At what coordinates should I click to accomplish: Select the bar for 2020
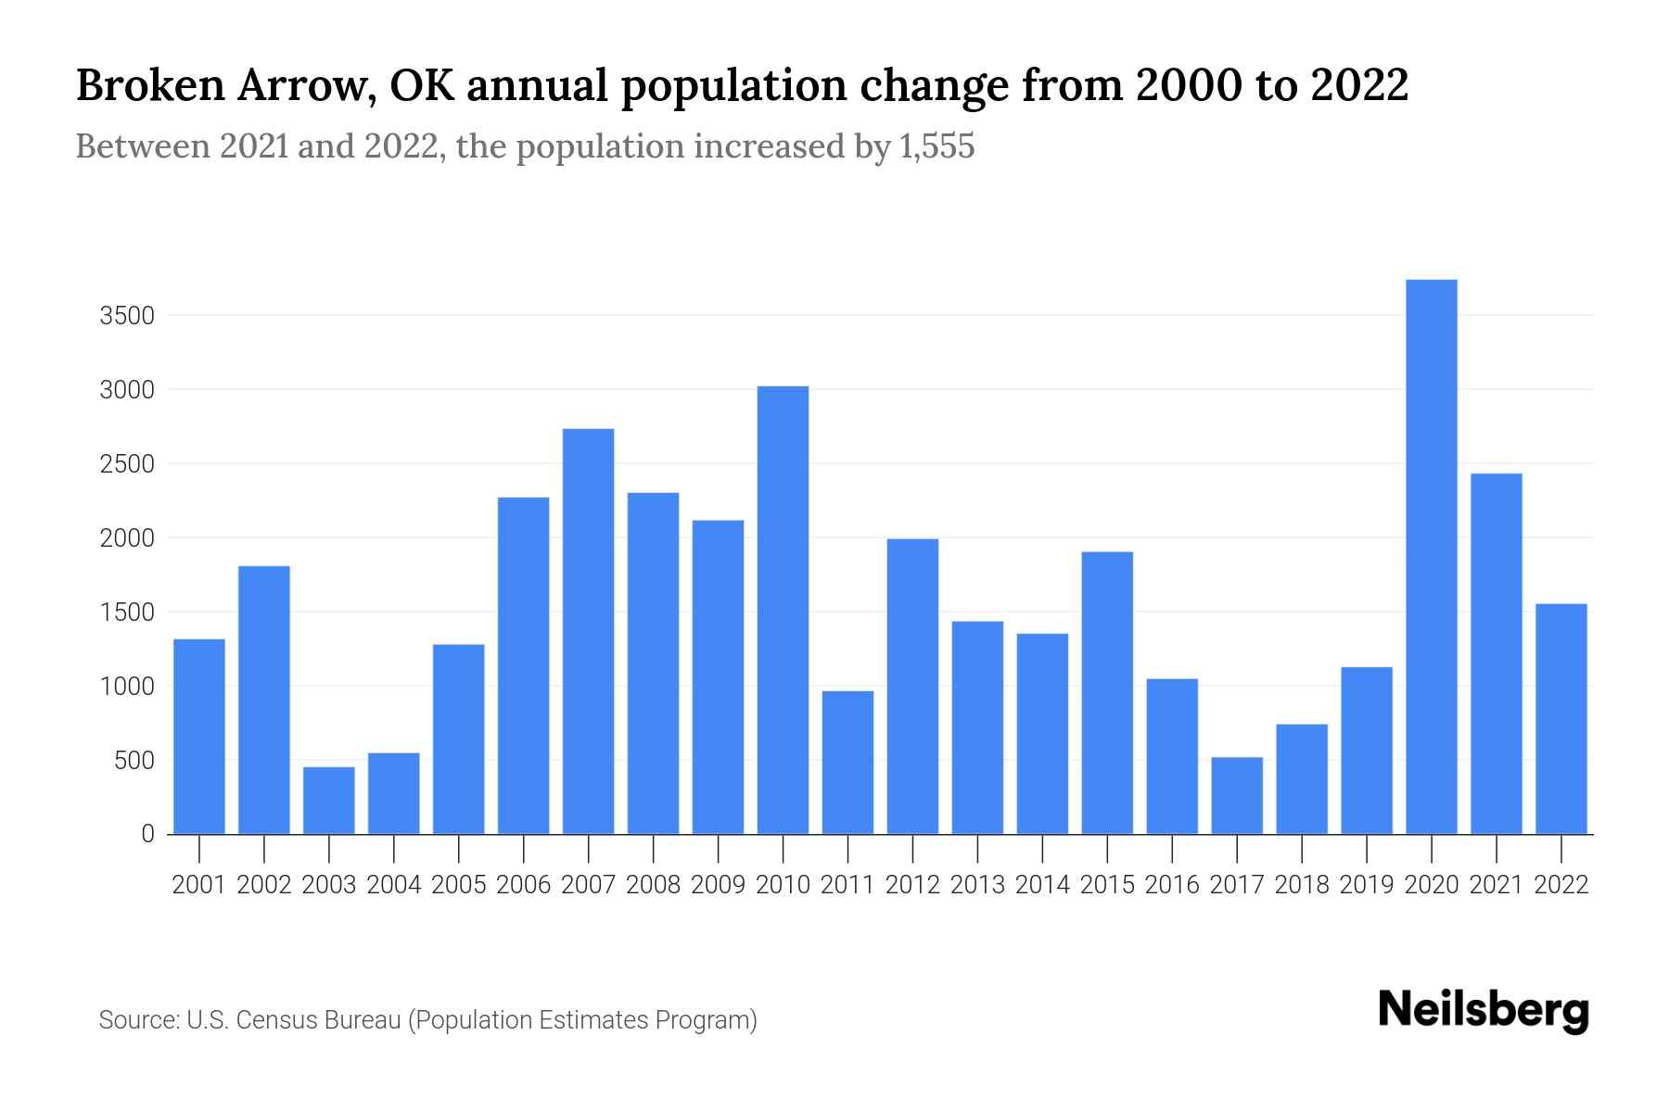[1431, 556]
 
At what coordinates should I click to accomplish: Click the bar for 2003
[329, 800]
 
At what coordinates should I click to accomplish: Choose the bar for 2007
[588, 631]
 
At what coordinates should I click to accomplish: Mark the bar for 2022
[1561, 718]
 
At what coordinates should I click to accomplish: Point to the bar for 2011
[847, 762]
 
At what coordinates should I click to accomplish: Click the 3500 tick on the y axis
[126, 316]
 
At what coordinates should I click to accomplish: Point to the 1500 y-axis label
[126, 613]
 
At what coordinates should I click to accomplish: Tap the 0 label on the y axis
[147, 834]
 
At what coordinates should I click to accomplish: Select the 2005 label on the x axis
[459, 885]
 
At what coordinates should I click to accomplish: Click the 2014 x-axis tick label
[1042, 885]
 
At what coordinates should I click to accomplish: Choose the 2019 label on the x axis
[1367, 885]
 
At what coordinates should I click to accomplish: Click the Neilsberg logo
[1483, 1010]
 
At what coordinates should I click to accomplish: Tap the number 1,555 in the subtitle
[936, 146]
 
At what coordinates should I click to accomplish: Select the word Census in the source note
[274, 1020]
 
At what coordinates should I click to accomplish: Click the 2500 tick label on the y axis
[126, 464]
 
